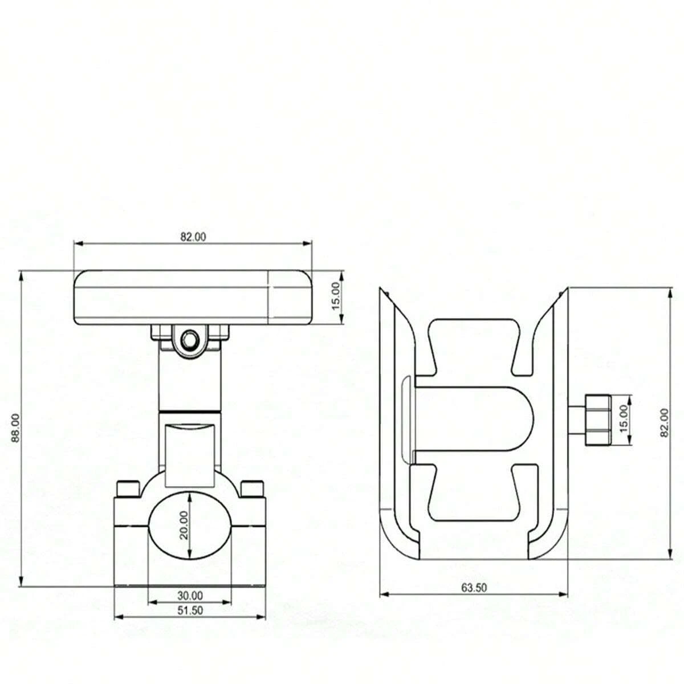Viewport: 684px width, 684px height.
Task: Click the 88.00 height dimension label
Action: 15,428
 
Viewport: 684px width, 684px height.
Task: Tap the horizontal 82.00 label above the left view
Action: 193,237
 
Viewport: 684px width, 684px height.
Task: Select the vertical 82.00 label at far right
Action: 665,423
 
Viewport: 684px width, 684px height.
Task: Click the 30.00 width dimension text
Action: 190,595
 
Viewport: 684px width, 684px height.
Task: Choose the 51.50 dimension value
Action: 190,610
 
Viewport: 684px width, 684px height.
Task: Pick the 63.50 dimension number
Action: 474,588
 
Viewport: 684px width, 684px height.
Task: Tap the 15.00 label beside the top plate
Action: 335,296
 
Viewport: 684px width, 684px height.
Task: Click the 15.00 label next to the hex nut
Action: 624,419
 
